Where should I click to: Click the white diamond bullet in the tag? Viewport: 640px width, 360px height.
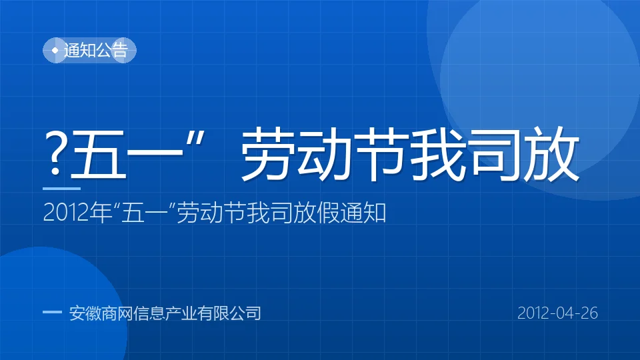click(x=55, y=50)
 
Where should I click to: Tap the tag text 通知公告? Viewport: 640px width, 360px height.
click(x=96, y=50)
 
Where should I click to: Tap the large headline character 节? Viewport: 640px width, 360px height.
click(x=381, y=154)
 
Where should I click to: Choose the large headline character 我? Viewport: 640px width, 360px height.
click(x=438, y=154)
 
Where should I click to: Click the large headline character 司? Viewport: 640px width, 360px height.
click(x=495, y=154)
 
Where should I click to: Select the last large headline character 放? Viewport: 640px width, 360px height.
click(x=551, y=154)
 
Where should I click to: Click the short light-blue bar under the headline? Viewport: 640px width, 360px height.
click(x=61, y=189)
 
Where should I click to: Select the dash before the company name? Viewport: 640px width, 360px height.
click(x=52, y=312)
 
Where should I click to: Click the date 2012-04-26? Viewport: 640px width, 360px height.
click(x=557, y=313)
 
